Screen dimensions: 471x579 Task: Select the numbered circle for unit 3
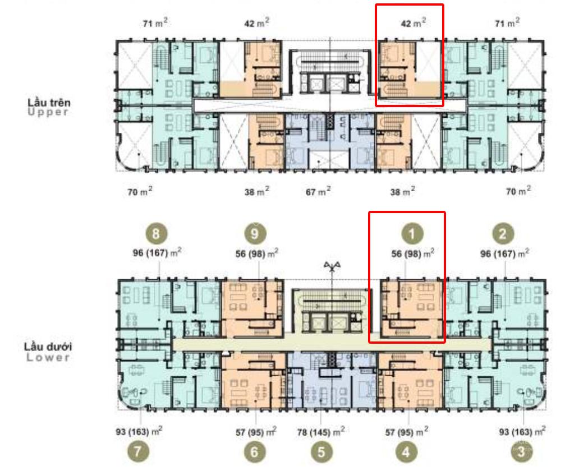coord(522,450)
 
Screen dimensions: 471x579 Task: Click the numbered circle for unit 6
coord(255,451)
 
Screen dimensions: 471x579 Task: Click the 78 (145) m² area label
coord(321,432)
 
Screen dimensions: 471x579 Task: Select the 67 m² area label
coord(318,192)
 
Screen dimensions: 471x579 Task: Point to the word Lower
coord(48,357)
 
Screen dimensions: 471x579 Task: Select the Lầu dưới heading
coord(48,347)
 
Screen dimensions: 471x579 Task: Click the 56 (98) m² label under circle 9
coord(257,253)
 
